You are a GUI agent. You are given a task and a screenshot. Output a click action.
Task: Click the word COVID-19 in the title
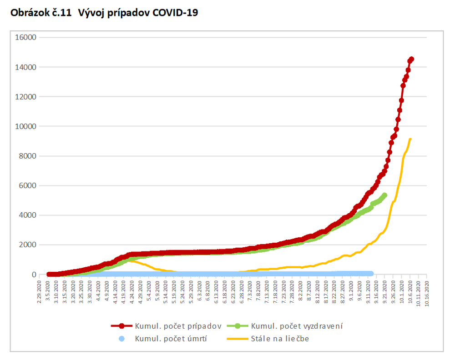click(x=175, y=13)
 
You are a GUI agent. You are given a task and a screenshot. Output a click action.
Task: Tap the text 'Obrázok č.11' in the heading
click(x=40, y=13)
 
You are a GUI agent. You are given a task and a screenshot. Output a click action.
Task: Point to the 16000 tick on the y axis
click(x=26, y=37)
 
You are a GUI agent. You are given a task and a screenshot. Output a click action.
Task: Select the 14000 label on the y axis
click(x=26, y=67)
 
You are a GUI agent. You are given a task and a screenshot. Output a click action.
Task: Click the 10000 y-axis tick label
click(x=26, y=126)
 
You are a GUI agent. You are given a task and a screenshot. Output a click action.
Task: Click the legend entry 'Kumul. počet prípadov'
click(x=177, y=326)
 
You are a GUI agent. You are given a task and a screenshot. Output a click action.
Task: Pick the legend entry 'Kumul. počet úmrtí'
click(x=171, y=339)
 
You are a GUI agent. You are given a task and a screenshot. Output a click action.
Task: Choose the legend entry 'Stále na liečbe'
click(x=279, y=339)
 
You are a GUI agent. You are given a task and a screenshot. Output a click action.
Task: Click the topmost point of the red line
click(x=411, y=59)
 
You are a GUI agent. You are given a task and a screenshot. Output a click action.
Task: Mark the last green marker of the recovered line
click(x=384, y=195)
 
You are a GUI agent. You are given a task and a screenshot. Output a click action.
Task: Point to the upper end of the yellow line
click(x=410, y=139)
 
